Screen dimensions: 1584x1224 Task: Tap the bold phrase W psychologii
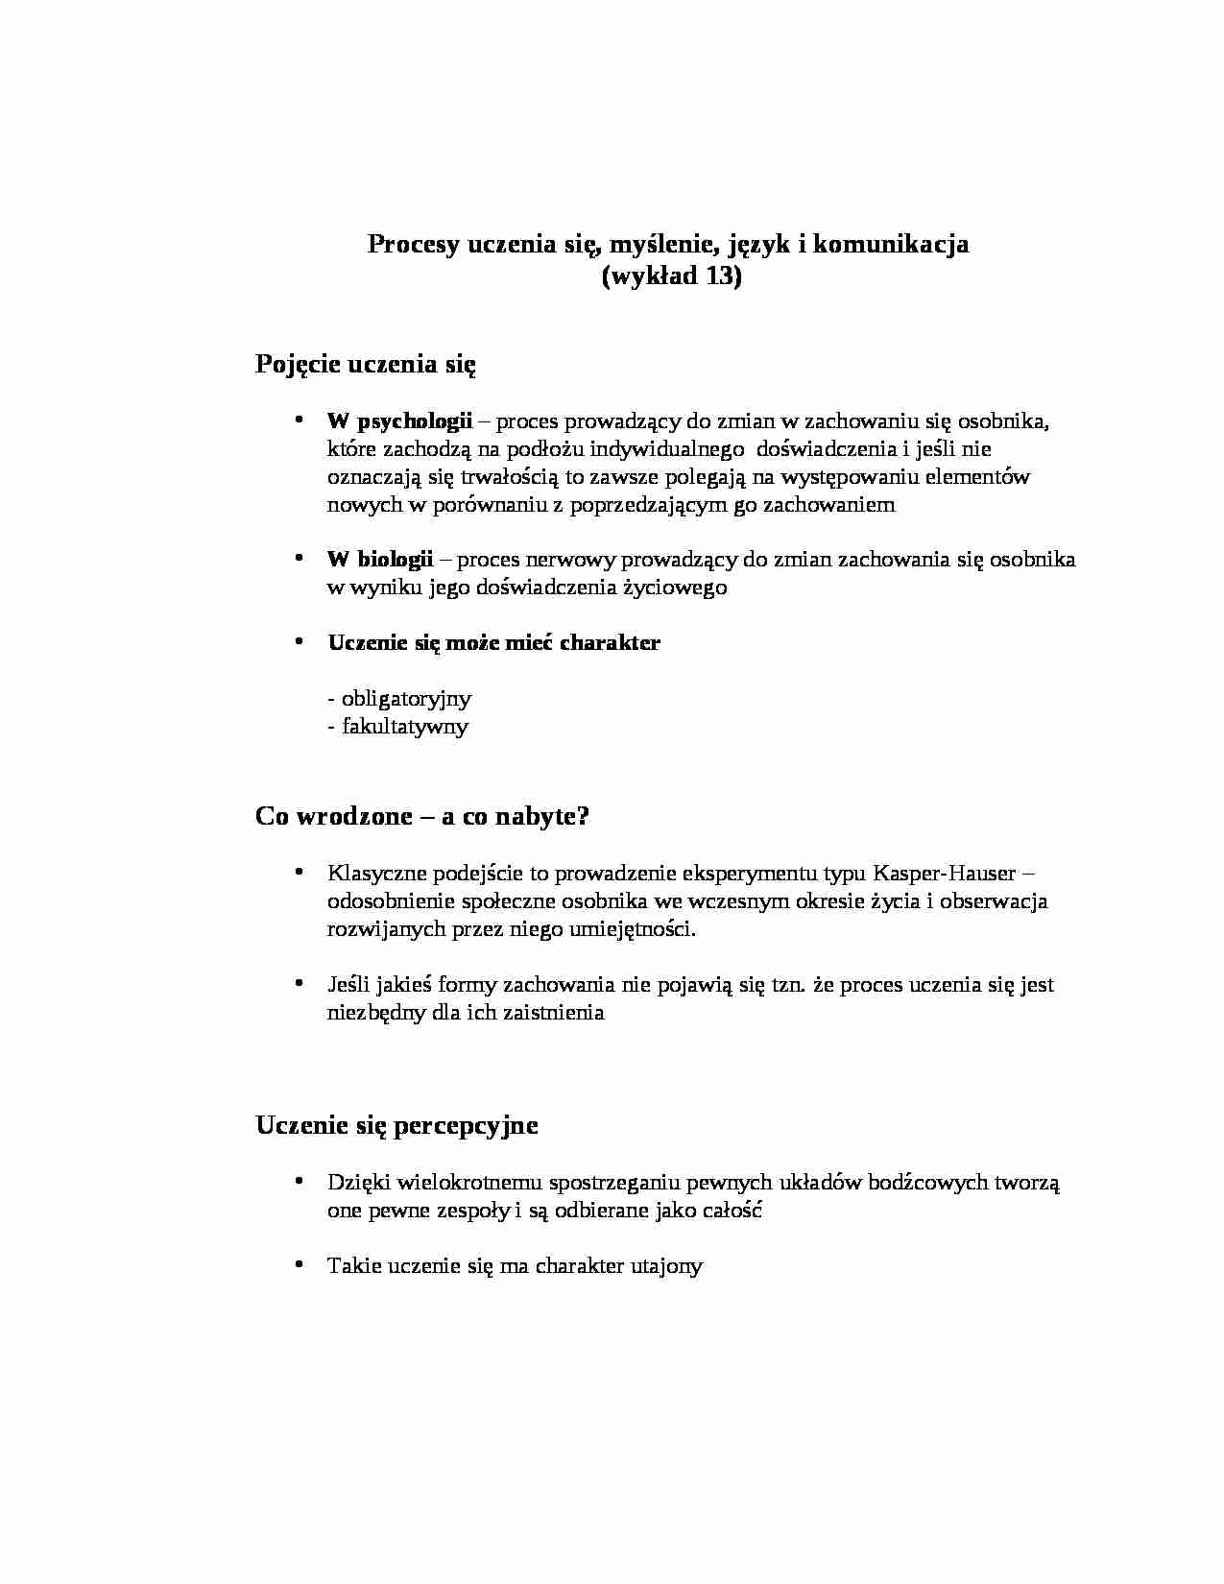click(399, 420)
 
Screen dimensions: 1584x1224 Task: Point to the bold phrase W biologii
click(380, 559)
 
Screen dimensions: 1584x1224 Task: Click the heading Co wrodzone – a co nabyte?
click(422, 816)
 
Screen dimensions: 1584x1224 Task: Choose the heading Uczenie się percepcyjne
click(396, 1125)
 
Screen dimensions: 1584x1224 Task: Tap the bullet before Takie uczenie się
click(300, 1264)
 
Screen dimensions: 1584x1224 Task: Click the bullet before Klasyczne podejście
click(300, 872)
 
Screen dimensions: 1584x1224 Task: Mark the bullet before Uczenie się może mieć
click(300, 641)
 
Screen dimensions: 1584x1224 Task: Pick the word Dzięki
click(358, 1183)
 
